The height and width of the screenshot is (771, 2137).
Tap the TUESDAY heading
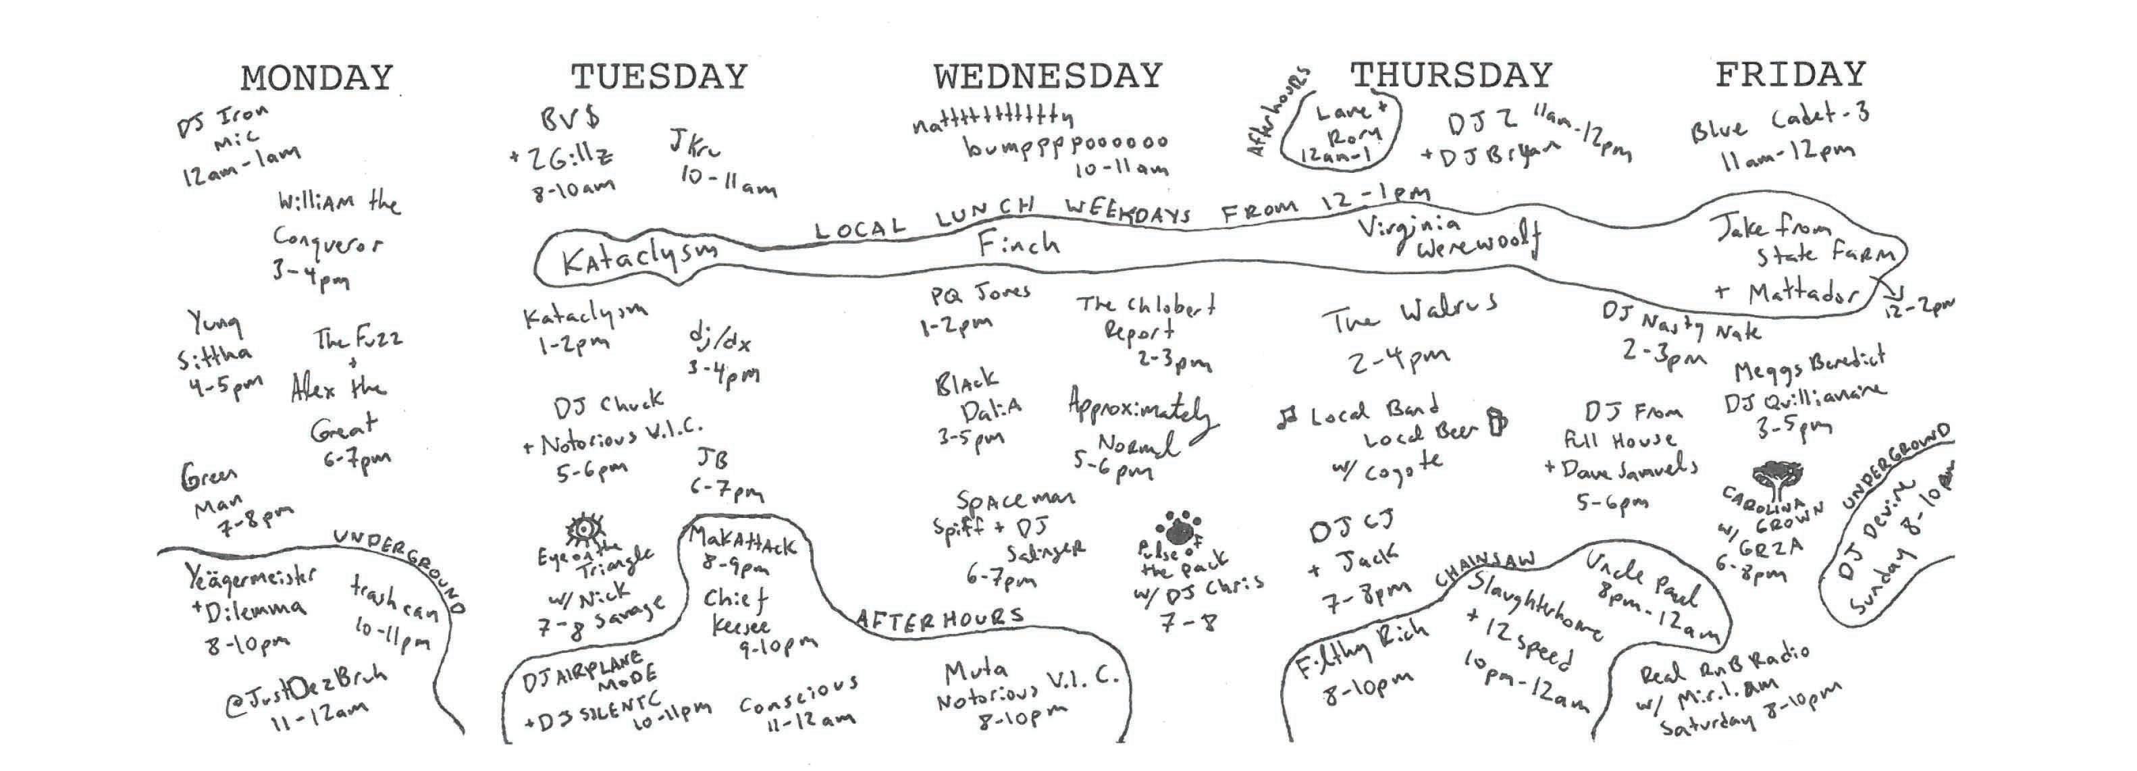click(659, 77)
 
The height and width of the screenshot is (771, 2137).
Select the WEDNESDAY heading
click(1048, 76)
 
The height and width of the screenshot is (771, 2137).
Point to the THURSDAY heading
click(1451, 76)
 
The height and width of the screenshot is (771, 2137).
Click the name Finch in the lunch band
click(1018, 243)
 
